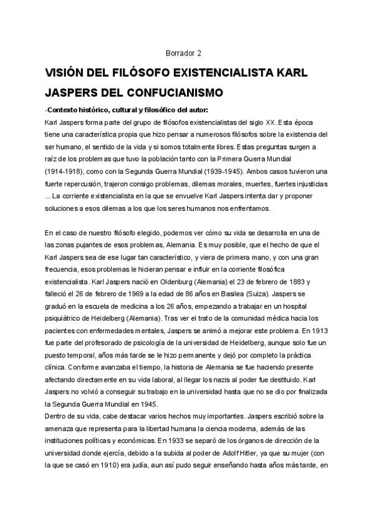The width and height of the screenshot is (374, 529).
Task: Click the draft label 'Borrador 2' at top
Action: [185, 53]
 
